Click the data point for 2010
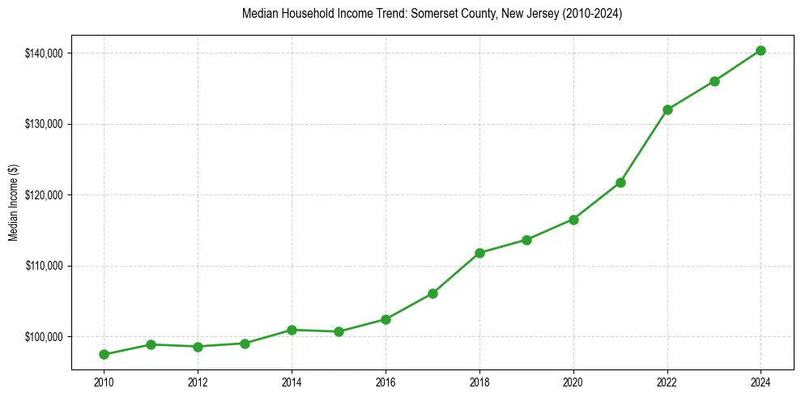coord(104,354)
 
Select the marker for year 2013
coord(245,344)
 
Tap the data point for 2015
coord(339,331)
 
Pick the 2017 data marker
coord(432,293)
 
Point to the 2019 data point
coord(526,240)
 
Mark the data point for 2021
coord(620,182)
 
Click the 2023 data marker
coord(714,81)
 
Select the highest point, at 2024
coord(761,50)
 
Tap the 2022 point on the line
coord(667,109)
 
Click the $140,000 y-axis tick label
coord(45,53)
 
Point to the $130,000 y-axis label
coord(45,124)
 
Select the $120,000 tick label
coord(45,195)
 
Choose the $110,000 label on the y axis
coord(45,266)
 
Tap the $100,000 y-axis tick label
coord(45,337)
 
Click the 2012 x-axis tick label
coord(198,382)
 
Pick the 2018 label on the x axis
coord(479,382)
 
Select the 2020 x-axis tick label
coord(573,382)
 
